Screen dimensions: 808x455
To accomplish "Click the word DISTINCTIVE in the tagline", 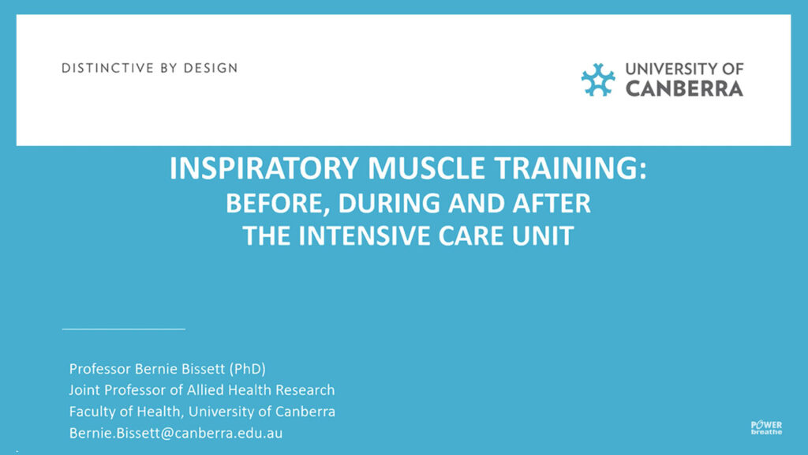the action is point(107,68).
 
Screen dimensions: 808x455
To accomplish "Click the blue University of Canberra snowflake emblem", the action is point(598,80).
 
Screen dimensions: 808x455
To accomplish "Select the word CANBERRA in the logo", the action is point(684,88).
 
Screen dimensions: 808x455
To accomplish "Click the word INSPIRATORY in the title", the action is point(264,168).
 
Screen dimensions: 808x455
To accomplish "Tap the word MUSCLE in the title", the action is point(426,168).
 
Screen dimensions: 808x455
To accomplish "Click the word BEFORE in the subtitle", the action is point(277,203).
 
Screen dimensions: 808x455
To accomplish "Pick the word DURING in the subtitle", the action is point(390,203).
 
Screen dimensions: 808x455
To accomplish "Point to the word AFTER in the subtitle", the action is point(552,203).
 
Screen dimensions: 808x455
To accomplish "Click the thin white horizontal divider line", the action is point(124,328).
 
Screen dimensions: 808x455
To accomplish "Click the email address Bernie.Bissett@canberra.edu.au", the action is point(176,433).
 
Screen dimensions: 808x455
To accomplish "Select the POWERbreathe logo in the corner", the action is point(766,427).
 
